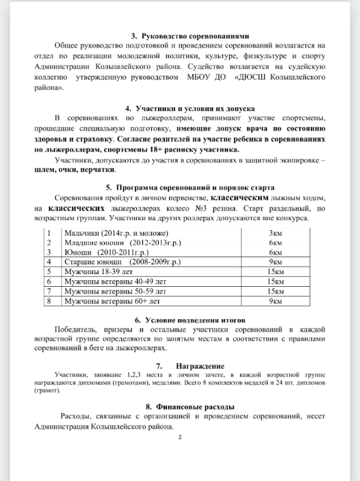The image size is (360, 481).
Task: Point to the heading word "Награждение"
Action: [200, 366]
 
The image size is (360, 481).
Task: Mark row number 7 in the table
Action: [49, 291]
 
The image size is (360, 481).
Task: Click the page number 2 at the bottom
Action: [180, 438]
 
